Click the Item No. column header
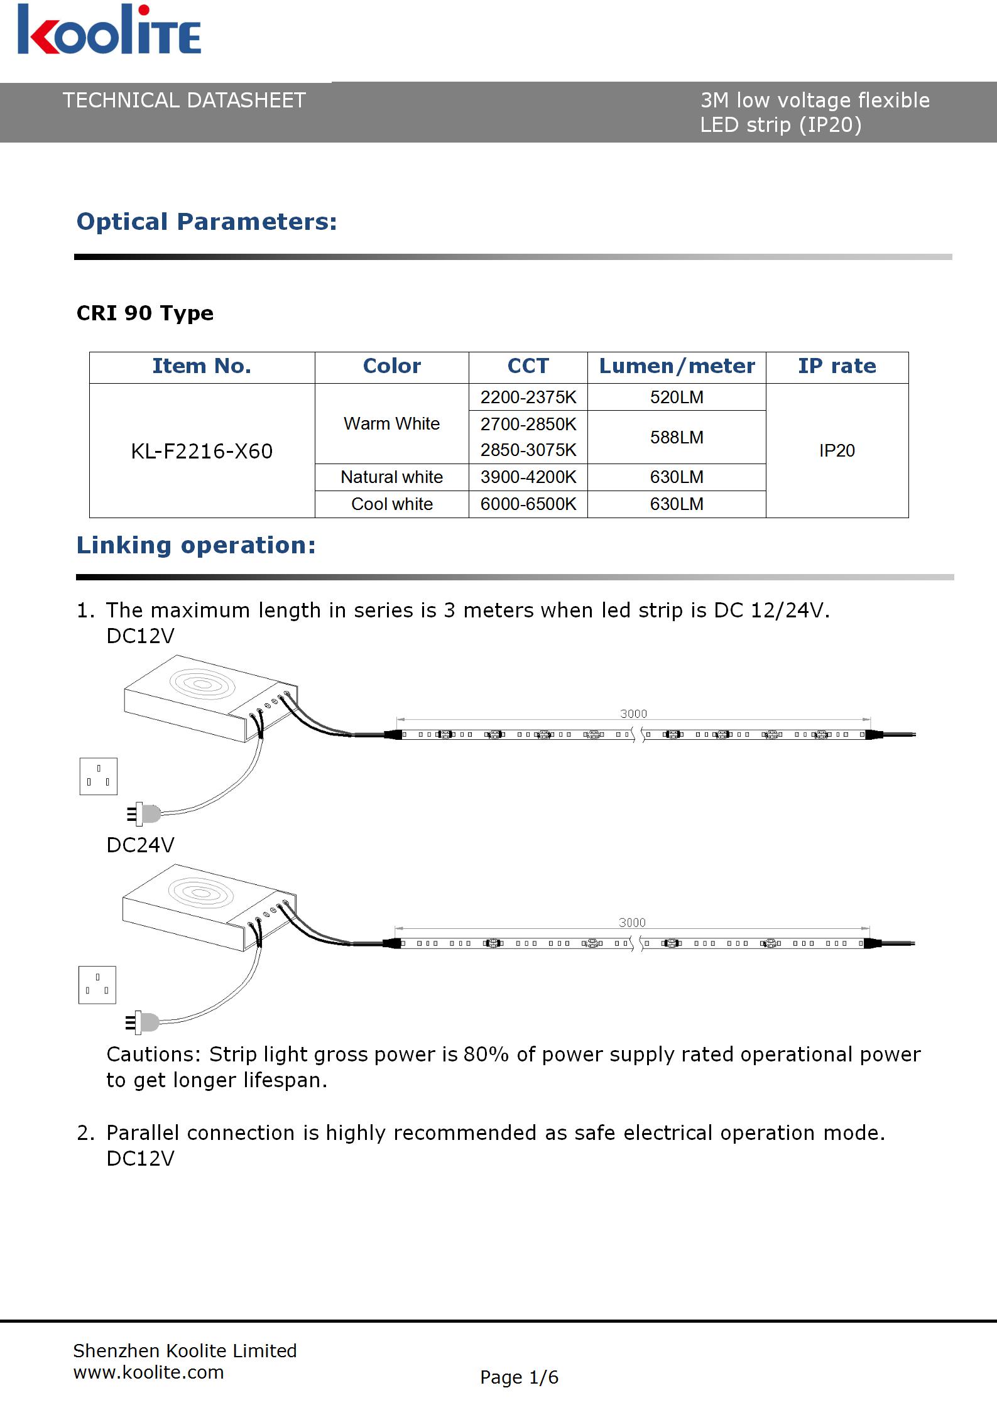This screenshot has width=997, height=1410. (x=202, y=366)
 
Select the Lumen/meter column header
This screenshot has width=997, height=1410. (x=677, y=366)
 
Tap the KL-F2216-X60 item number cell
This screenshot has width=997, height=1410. (x=202, y=451)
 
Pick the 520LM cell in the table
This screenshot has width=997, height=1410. (x=677, y=397)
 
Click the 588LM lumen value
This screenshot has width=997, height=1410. (x=677, y=437)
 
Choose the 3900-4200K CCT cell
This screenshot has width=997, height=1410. (x=528, y=477)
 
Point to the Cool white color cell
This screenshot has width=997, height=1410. (x=391, y=504)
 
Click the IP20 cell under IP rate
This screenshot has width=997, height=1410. (x=837, y=450)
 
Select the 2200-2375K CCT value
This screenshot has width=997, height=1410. (x=528, y=397)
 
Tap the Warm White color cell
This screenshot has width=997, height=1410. (x=391, y=424)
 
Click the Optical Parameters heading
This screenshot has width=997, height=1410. (x=207, y=222)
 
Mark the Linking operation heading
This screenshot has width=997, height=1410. (x=196, y=545)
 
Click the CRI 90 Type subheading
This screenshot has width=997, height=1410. (x=145, y=313)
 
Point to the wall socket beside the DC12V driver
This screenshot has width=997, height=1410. (x=99, y=776)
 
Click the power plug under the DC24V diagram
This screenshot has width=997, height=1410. (x=144, y=1022)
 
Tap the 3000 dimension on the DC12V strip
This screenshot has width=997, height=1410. (x=633, y=713)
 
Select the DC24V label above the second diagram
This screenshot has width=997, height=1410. (x=140, y=845)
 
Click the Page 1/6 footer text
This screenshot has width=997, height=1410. (x=519, y=1377)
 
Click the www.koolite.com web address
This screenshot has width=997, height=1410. (x=149, y=1372)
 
